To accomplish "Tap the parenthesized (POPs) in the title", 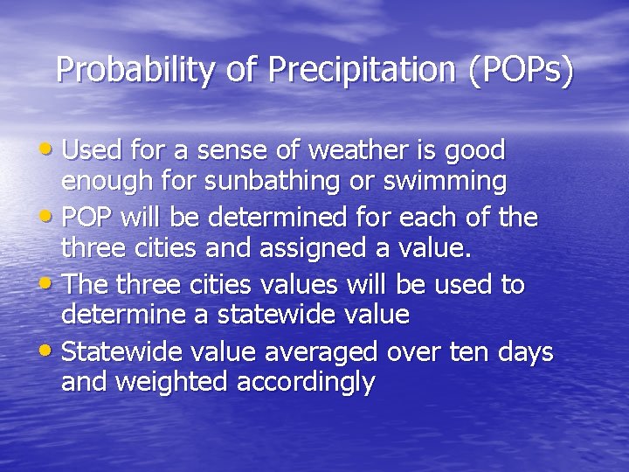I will click(521, 70).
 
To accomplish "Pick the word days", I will click(525, 353).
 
